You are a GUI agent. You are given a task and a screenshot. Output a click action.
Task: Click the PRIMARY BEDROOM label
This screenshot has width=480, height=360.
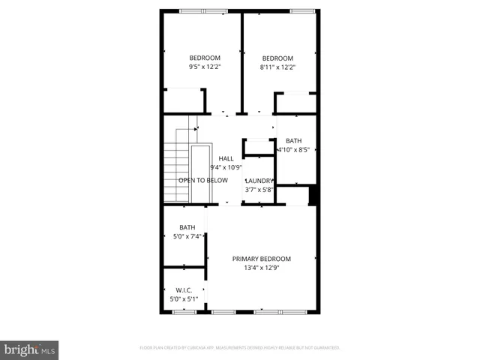tap(261, 259)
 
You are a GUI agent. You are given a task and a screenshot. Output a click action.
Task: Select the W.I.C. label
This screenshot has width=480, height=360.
tap(184, 290)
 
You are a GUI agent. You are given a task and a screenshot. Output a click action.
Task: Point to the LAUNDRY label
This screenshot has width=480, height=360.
tap(259, 181)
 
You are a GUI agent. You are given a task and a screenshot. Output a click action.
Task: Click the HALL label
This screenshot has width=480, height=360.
tap(226, 158)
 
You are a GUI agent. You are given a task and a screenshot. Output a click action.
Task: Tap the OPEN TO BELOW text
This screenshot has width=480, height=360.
tap(202, 181)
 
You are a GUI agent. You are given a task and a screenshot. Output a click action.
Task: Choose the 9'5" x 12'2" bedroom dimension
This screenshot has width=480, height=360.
tap(205, 67)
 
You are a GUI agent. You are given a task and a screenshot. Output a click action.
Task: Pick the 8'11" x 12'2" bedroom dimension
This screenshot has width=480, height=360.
tap(277, 67)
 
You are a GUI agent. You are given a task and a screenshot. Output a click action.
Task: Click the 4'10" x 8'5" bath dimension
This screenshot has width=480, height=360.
tap(293, 149)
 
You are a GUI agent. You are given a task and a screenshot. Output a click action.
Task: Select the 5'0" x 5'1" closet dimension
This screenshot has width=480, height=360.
tap(184, 299)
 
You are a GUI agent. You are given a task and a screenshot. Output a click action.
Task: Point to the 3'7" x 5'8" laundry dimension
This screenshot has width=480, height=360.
tap(259, 190)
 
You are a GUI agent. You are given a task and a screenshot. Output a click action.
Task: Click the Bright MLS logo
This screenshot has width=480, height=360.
tap(30, 350)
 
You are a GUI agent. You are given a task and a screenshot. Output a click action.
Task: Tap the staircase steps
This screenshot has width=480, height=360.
tap(175, 172)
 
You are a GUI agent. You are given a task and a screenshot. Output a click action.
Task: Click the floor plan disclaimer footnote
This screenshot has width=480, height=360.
tap(240, 348)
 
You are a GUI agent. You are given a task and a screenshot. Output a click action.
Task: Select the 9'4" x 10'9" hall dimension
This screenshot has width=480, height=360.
tap(226, 167)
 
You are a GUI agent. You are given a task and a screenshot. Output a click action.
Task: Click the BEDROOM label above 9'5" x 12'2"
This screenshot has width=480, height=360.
tap(205, 58)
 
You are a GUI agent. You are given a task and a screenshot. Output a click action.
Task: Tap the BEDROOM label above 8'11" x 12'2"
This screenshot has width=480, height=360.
tap(277, 58)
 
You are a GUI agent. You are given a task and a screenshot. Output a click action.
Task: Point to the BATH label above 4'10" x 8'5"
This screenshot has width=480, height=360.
tap(293, 140)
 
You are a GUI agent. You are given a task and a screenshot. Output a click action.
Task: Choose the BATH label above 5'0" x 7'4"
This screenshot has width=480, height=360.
tap(187, 228)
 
